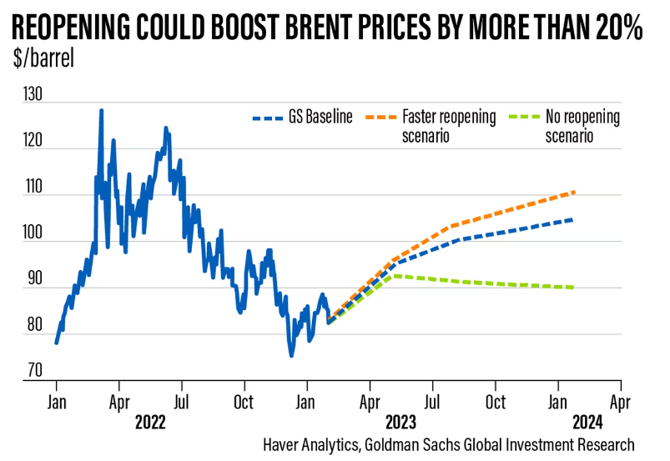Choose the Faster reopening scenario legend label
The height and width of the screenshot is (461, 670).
point(449,125)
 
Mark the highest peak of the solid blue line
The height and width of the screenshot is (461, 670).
point(101,110)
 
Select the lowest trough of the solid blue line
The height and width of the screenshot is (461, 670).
point(291,356)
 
